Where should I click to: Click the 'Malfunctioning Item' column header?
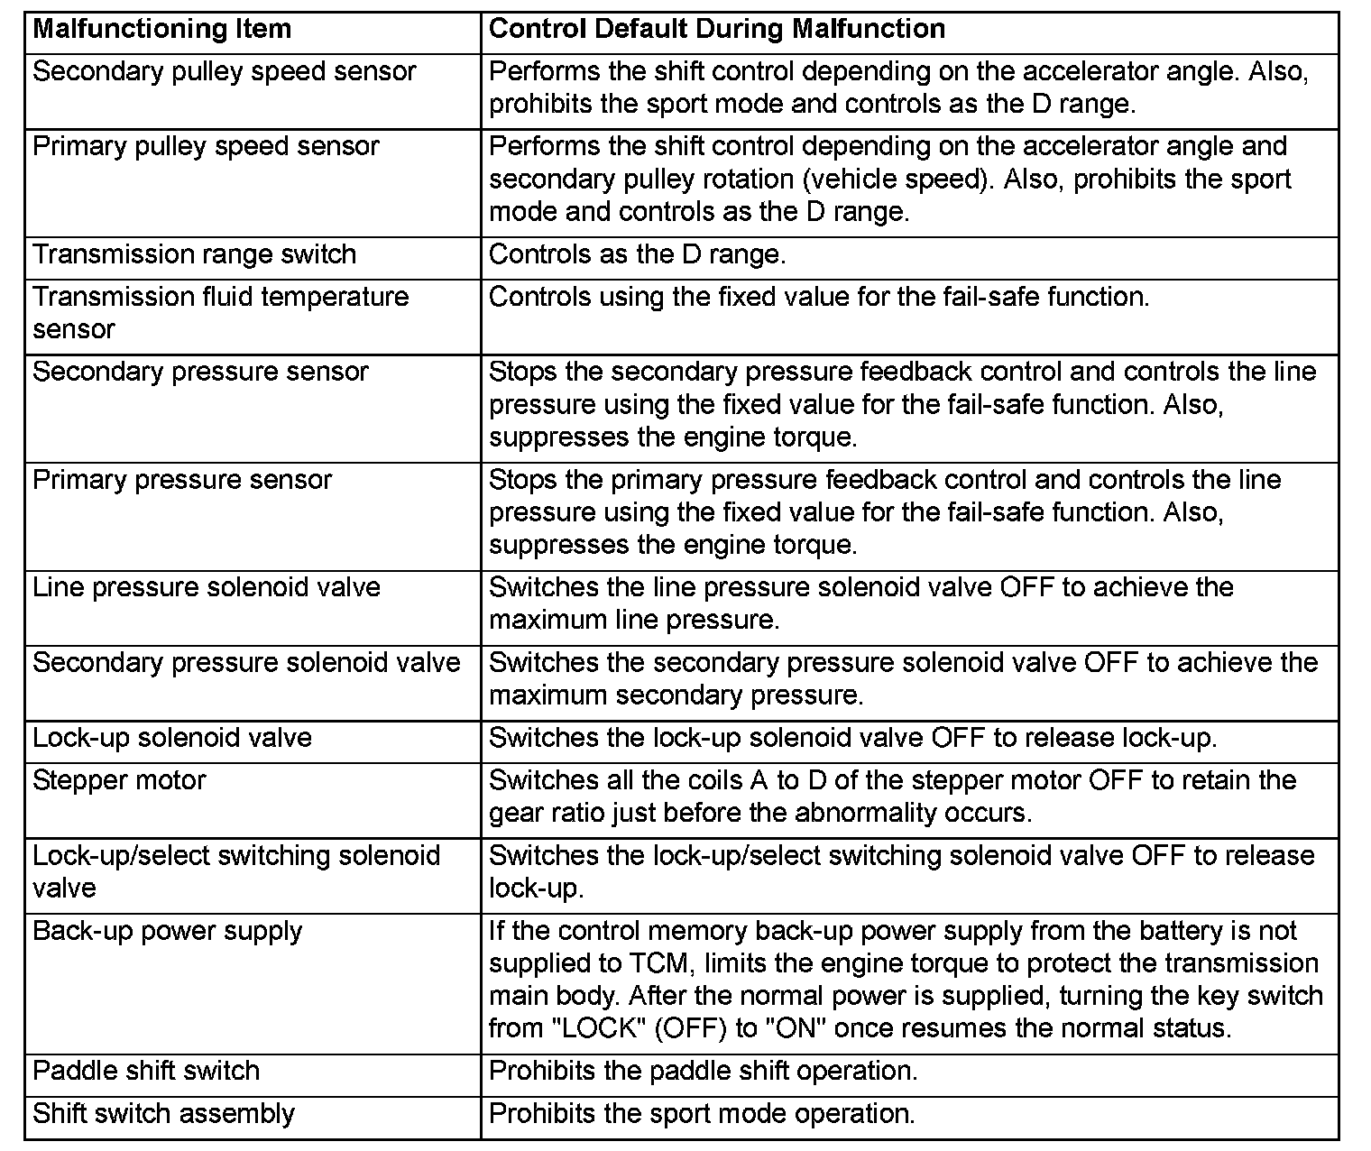point(162,30)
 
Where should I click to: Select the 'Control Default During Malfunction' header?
point(716,30)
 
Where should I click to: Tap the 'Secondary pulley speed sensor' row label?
point(225,72)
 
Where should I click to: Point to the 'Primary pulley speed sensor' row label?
point(206,147)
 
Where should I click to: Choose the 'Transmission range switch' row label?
point(195,255)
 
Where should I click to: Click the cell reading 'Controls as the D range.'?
point(637,255)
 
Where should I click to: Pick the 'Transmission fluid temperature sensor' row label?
point(220,312)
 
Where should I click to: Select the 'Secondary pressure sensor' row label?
point(200,373)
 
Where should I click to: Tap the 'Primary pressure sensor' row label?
point(182,480)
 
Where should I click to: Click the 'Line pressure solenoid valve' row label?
point(207,588)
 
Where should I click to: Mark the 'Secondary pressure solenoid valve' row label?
point(246,663)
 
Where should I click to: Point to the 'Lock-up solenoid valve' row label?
point(172,739)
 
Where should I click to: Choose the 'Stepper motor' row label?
point(119,781)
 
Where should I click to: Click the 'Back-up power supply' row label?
point(167,932)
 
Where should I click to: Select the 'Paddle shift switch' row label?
point(146,1072)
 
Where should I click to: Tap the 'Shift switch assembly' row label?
point(163,1114)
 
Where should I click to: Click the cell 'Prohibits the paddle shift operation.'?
point(703,1072)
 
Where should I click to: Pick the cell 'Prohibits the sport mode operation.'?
point(702,1114)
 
